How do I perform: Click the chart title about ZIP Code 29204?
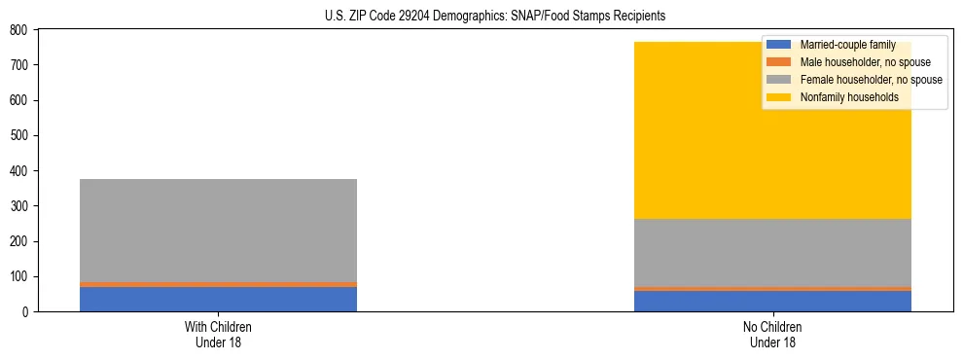pos(495,17)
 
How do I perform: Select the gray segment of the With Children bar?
pos(218,231)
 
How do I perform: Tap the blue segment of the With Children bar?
pos(218,299)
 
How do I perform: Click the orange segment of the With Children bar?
pos(218,284)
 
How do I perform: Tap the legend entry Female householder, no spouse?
pos(871,80)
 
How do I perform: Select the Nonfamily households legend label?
pos(848,97)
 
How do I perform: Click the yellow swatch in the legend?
pos(779,97)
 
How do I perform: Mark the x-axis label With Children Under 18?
pos(218,334)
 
